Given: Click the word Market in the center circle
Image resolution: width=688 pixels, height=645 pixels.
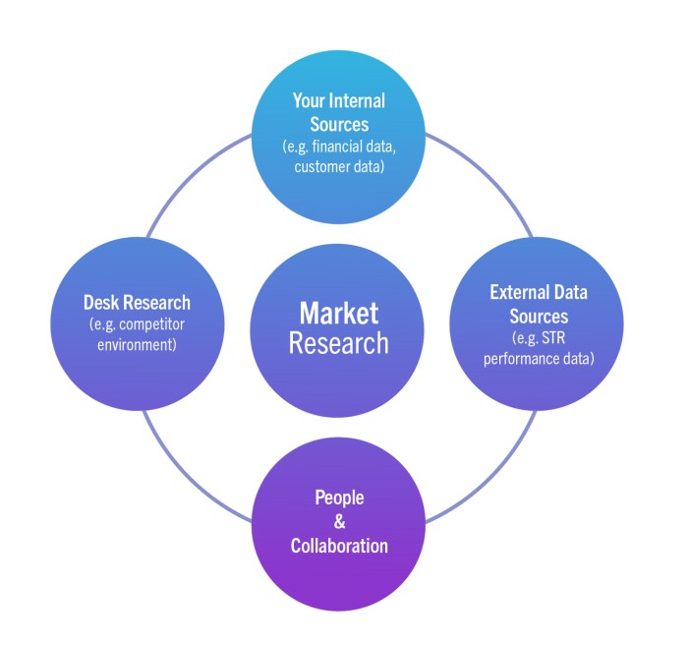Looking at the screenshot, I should tap(339, 314).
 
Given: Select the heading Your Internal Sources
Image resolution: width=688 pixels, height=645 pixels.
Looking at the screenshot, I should tap(338, 113).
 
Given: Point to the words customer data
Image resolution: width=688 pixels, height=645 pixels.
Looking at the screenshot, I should tap(338, 167).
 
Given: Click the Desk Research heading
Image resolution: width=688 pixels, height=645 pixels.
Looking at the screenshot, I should tap(137, 302).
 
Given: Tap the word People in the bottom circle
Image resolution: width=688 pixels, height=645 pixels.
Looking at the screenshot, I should tap(339, 498).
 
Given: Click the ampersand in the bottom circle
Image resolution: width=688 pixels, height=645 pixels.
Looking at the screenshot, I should tap(339, 522).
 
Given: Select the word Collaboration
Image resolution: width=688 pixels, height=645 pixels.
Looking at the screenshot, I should tap(339, 546).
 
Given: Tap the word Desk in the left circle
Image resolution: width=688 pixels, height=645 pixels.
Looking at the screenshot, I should tap(102, 302).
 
